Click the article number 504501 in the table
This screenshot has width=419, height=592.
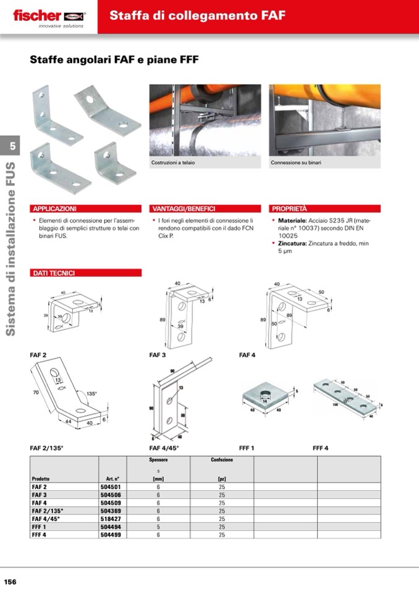point(109,487)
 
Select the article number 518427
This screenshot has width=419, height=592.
point(109,519)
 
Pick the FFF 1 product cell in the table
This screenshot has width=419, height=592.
point(40,527)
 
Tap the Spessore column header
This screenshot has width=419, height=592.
point(158,460)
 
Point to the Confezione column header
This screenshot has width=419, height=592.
point(221,460)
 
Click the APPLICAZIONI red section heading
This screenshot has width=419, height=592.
point(55,209)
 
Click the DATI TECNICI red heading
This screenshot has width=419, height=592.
point(54,273)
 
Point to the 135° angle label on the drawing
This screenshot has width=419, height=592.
point(92,393)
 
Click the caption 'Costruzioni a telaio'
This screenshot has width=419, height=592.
point(169,163)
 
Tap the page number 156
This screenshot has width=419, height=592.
point(10,582)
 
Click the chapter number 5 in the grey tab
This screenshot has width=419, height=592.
point(12,146)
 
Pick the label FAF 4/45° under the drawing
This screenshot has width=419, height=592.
point(164,448)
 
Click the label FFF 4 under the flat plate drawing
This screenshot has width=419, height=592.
point(320,448)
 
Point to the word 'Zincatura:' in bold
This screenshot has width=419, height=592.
point(292,244)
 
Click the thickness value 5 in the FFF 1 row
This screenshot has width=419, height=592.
point(158,527)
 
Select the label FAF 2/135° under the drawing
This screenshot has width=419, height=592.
point(46,448)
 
